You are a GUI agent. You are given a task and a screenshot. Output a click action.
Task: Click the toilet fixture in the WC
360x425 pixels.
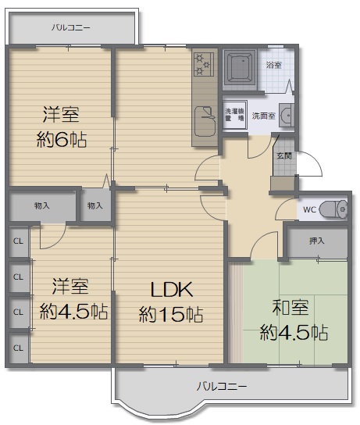[333, 209]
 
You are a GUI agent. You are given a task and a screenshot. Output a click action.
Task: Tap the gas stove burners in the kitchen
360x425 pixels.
[204, 64]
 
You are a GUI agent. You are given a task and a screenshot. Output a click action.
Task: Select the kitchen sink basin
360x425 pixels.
[205, 121]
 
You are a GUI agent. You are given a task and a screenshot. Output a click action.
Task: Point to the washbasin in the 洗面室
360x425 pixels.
[286, 115]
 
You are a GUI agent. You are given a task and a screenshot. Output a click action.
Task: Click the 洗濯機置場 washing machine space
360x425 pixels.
[234, 115]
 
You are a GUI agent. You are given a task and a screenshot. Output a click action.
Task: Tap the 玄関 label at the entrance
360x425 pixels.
[284, 155]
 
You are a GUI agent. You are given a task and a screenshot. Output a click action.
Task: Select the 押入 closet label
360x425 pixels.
[316, 241]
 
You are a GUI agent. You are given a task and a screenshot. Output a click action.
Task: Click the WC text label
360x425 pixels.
[309, 209]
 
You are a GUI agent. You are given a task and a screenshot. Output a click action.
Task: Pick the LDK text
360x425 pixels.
[172, 290]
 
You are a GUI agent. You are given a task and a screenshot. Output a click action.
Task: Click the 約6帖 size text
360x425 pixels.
[62, 139]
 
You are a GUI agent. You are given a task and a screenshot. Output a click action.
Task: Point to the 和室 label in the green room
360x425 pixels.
[290, 308]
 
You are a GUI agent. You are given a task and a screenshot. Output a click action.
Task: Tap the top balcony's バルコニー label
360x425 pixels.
[71, 27]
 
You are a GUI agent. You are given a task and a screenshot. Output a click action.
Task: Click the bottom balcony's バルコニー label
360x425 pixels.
[222, 386]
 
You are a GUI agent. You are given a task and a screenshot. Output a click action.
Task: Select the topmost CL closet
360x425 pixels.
[19, 241]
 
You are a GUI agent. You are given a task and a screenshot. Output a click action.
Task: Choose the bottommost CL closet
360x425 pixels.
[19, 348]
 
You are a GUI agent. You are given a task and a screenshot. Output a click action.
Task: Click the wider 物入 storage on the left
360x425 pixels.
[42, 206]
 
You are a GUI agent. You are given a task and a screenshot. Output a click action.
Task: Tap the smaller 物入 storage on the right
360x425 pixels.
[95, 205]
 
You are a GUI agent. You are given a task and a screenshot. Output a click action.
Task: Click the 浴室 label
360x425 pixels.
[274, 65]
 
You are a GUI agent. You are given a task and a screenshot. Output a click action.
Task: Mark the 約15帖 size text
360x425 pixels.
[171, 314]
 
